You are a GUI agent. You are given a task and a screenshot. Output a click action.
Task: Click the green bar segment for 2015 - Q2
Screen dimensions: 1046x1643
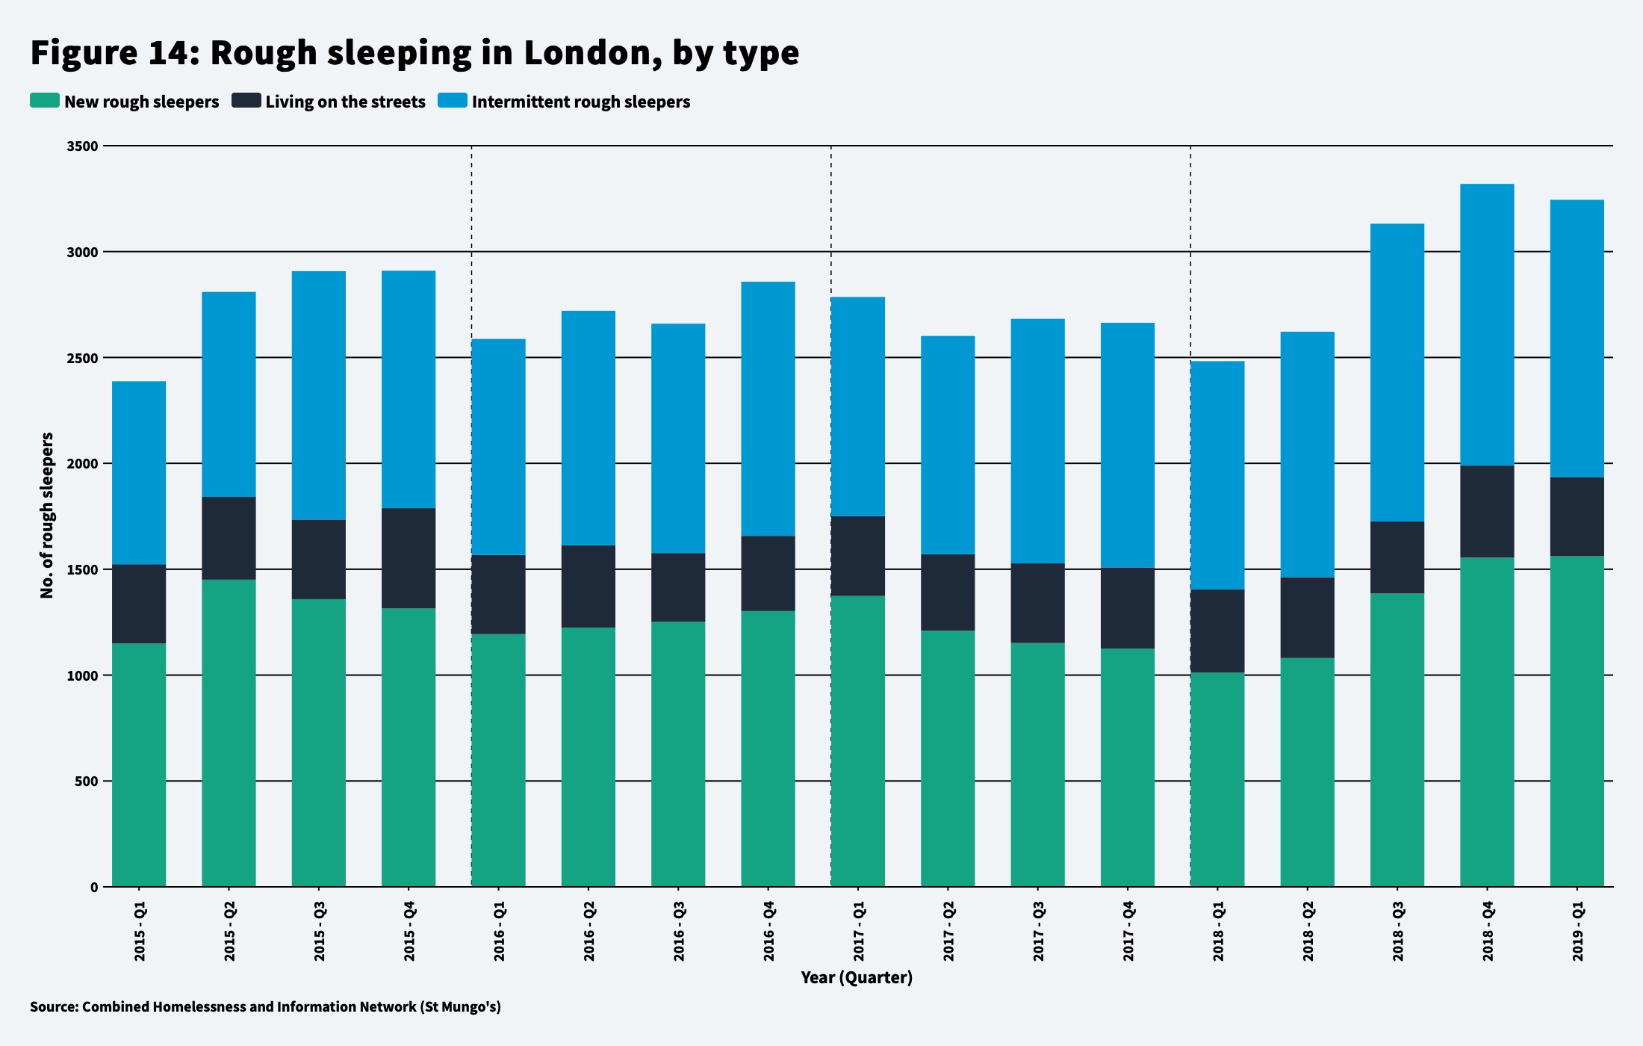point(229,732)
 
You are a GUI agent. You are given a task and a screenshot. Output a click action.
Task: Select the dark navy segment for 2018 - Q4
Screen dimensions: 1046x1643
point(1487,512)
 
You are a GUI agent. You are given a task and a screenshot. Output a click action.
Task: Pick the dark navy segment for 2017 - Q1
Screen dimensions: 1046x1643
point(857,556)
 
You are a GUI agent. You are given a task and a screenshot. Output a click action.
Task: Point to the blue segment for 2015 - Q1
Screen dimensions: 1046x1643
point(139,473)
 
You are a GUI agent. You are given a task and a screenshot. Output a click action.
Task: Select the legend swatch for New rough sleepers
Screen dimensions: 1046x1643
point(44,101)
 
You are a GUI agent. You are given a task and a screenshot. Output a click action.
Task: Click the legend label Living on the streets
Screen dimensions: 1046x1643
point(345,102)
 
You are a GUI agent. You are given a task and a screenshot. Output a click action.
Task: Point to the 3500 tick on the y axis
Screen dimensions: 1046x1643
point(83,146)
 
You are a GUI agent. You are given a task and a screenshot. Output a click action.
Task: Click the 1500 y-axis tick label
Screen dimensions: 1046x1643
point(83,570)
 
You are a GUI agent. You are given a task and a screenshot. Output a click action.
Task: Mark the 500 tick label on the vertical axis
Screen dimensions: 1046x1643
point(87,782)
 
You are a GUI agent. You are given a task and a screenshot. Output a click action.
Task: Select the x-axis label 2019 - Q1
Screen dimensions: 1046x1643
point(1577,931)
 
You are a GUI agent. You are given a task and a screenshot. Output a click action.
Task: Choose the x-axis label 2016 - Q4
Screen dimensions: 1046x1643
point(768,931)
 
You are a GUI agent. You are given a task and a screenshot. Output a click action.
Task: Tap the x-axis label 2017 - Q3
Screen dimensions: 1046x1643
point(1038,931)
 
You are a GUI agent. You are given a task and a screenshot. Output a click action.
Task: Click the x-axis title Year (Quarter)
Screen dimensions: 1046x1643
point(856,977)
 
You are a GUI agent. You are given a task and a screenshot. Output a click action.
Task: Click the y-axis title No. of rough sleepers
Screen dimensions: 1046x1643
point(47,516)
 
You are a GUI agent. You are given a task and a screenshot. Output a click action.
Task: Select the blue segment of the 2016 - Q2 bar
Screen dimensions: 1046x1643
point(588,428)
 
